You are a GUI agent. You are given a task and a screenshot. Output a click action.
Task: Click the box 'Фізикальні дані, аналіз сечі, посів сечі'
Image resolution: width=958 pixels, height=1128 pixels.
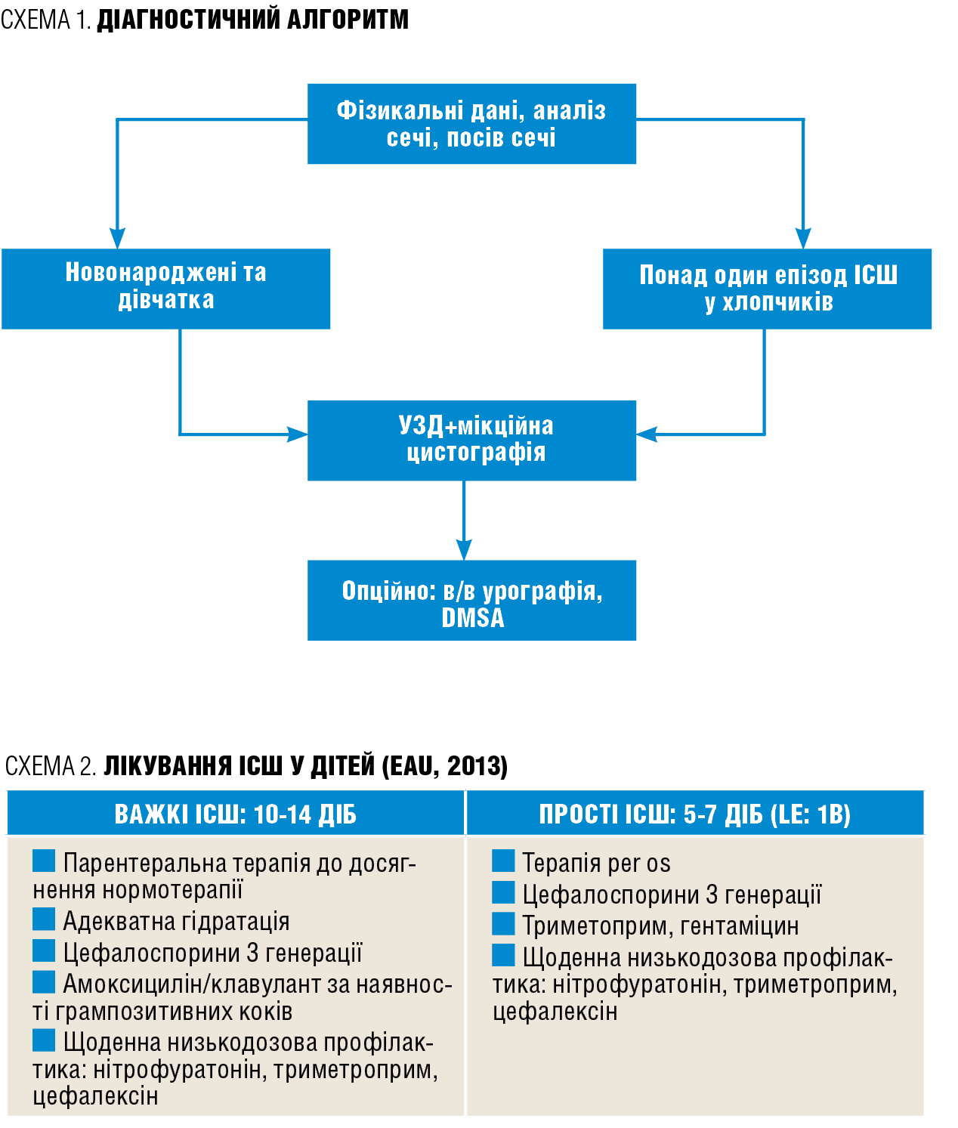point(471,124)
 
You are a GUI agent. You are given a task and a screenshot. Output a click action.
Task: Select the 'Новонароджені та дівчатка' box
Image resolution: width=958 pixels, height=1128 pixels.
point(166,289)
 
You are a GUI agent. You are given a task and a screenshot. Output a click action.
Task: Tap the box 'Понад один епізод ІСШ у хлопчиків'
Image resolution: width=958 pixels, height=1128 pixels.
point(767,289)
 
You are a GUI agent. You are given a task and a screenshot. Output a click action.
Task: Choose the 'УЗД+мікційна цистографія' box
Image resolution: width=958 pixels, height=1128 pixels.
point(471,440)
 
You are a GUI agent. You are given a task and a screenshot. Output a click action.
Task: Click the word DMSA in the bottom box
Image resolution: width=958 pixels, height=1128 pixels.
point(473,618)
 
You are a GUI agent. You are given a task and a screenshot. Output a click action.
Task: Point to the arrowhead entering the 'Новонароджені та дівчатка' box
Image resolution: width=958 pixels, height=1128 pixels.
point(117,239)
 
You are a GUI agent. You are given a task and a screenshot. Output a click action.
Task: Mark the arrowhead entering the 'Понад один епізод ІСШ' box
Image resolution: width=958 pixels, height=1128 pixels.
point(803,239)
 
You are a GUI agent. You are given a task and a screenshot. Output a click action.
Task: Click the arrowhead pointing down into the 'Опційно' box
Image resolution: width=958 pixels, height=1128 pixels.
point(464,549)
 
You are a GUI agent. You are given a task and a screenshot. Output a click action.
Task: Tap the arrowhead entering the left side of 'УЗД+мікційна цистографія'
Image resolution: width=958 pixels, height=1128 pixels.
point(298,434)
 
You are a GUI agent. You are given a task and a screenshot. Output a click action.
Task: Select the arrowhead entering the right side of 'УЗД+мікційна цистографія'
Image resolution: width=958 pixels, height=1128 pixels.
point(647,434)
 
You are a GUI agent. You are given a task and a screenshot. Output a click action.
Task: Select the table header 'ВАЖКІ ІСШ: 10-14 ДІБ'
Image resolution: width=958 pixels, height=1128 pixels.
point(235,814)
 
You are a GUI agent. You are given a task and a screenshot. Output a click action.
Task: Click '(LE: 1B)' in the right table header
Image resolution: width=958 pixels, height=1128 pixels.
point(811,814)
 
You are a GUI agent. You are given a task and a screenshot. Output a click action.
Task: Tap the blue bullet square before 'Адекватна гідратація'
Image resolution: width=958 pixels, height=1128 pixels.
point(44,919)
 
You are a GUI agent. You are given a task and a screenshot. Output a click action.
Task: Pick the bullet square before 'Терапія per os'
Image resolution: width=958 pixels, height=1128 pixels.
point(503,861)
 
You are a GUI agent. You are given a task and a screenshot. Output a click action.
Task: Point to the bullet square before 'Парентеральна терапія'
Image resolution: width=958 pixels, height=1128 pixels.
point(44,861)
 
